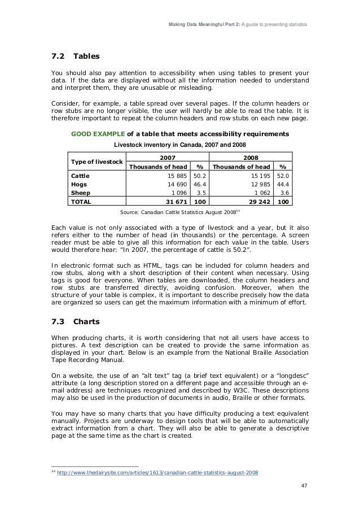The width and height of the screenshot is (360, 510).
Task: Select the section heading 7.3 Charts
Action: click(74, 322)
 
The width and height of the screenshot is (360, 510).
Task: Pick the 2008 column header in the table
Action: click(251, 158)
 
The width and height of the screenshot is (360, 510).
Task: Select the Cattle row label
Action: click(79, 176)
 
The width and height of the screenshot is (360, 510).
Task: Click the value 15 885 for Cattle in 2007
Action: click(177, 176)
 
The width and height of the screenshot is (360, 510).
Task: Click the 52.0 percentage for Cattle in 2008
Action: click(283, 176)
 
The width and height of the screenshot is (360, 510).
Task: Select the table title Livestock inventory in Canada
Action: click(180, 145)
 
